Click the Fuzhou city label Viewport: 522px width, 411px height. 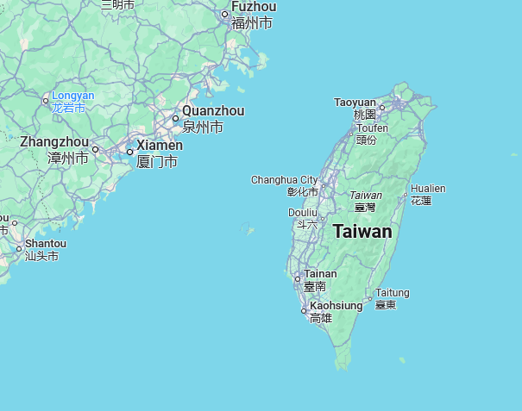pyautogui.click(x=253, y=7)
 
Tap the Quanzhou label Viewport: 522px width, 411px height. pyautogui.click(x=213, y=111)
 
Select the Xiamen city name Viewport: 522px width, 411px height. pyautogui.click(x=160, y=146)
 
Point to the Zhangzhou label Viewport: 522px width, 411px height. pyautogui.click(x=53, y=142)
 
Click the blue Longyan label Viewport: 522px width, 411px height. pyautogui.click(x=72, y=96)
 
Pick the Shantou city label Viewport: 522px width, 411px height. pyautogui.click(x=46, y=244)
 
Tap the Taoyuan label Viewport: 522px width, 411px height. pyautogui.click(x=355, y=102)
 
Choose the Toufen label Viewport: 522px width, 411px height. pyautogui.click(x=371, y=128)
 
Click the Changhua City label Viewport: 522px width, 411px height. pyautogui.click(x=284, y=179)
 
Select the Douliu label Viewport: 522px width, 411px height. pyautogui.click(x=303, y=212)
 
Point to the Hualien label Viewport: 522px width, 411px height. pyautogui.click(x=428, y=188)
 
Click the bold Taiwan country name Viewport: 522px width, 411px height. pyautogui.click(x=362, y=232)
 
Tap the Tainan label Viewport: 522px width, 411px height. pyautogui.click(x=320, y=274)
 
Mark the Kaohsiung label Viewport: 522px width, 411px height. pyautogui.click(x=336, y=305)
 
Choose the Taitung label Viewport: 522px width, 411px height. pyautogui.click(x=392, y=293)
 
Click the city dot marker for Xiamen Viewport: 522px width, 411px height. pyautogui.click(x=130, y=152)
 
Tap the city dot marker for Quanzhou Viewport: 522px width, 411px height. pyautogui.click(x=175, y=118)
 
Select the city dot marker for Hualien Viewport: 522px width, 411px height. pyautogui.click(x=406, y=195)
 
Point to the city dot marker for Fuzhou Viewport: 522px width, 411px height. pyautogui.click(x=225, y=14)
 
